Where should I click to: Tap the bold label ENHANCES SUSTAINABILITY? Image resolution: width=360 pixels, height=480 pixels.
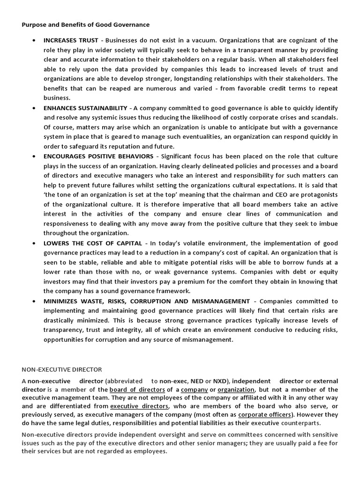[x=85, y=108]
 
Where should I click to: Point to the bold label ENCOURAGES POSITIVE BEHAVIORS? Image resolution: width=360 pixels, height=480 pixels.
[x=98, y=156]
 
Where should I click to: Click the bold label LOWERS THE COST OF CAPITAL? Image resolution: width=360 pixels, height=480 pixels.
[x=93, y=243]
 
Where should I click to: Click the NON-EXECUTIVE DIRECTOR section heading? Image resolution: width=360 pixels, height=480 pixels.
[x=62, y=369]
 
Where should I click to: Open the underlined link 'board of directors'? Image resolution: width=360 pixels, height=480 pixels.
[x=137, y=390]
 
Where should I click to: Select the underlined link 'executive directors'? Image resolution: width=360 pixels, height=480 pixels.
[x=139, y=406]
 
